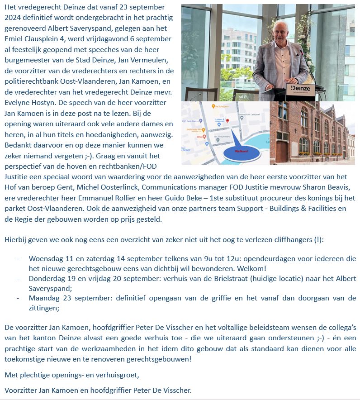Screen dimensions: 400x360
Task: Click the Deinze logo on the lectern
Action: pyautogui.click(x=301, y=88)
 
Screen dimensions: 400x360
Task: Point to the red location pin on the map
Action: pyautogui.click(x=227, y=121)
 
